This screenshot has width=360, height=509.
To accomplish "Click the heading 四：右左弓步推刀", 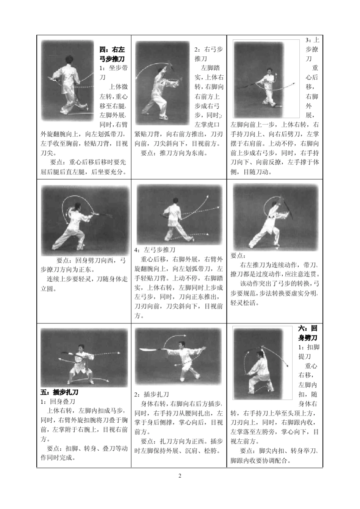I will coord(112,54).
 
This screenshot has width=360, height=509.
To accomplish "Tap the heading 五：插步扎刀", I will coord(59,392).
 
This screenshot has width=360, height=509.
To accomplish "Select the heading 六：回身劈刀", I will coord(308,333).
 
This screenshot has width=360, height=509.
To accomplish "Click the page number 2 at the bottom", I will coord(180,476).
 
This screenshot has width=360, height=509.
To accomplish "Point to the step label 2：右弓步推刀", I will coord(209,54).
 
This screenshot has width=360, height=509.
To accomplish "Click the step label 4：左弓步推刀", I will coord(155,250).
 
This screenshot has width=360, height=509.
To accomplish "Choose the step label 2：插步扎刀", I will coord(152,394).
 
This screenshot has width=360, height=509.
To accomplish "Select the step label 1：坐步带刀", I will coord(114,73).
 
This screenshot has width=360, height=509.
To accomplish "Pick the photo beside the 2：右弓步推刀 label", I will coord(163,83).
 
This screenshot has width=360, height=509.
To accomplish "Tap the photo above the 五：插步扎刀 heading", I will coord(84,358).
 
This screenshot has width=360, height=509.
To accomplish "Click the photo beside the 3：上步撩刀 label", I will coord(258,80).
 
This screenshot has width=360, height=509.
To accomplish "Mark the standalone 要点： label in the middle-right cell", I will coord(238,256).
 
